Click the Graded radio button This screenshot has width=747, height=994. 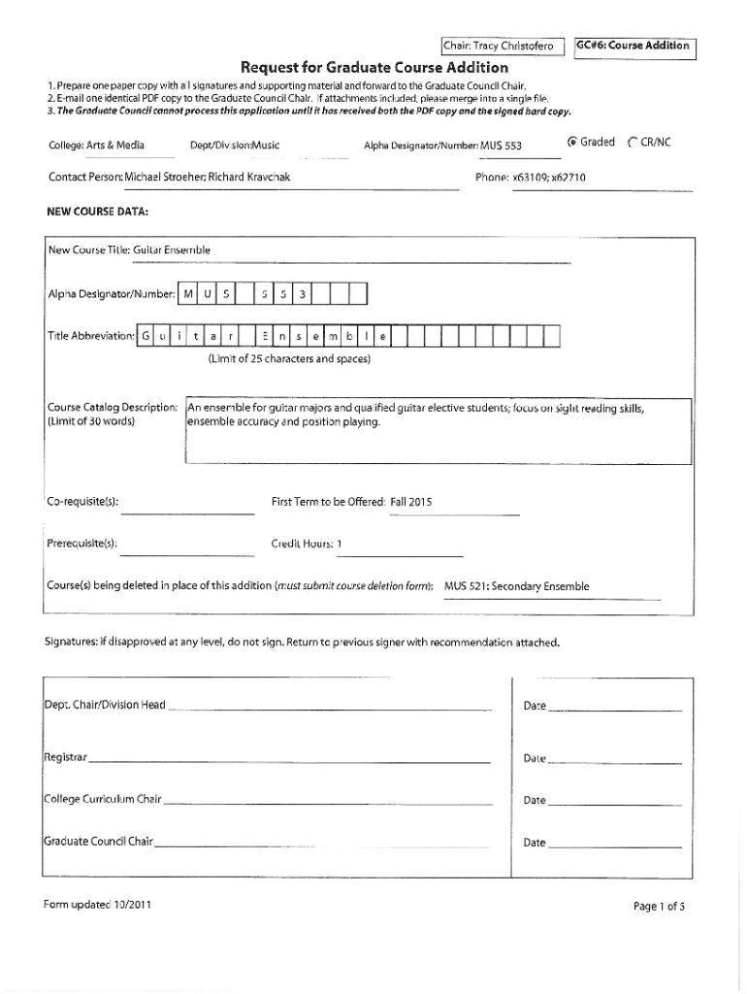[573, 143]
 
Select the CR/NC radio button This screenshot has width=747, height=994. [633, 143]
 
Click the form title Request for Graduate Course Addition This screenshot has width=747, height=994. [373, 67]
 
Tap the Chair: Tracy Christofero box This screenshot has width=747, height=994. [499, 46]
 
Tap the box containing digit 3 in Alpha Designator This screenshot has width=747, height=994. [303, 293]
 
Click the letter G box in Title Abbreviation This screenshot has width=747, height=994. [146, 336]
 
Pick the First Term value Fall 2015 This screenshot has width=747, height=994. [411, 502]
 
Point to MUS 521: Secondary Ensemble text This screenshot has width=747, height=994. [516, 586]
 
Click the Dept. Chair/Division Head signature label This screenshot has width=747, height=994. [105, 705]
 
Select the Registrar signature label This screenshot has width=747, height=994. [65, 757]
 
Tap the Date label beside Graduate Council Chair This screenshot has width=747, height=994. [535, 843]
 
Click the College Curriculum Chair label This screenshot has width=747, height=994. [102, 800]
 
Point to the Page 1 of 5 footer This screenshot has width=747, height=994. [659, 907]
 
